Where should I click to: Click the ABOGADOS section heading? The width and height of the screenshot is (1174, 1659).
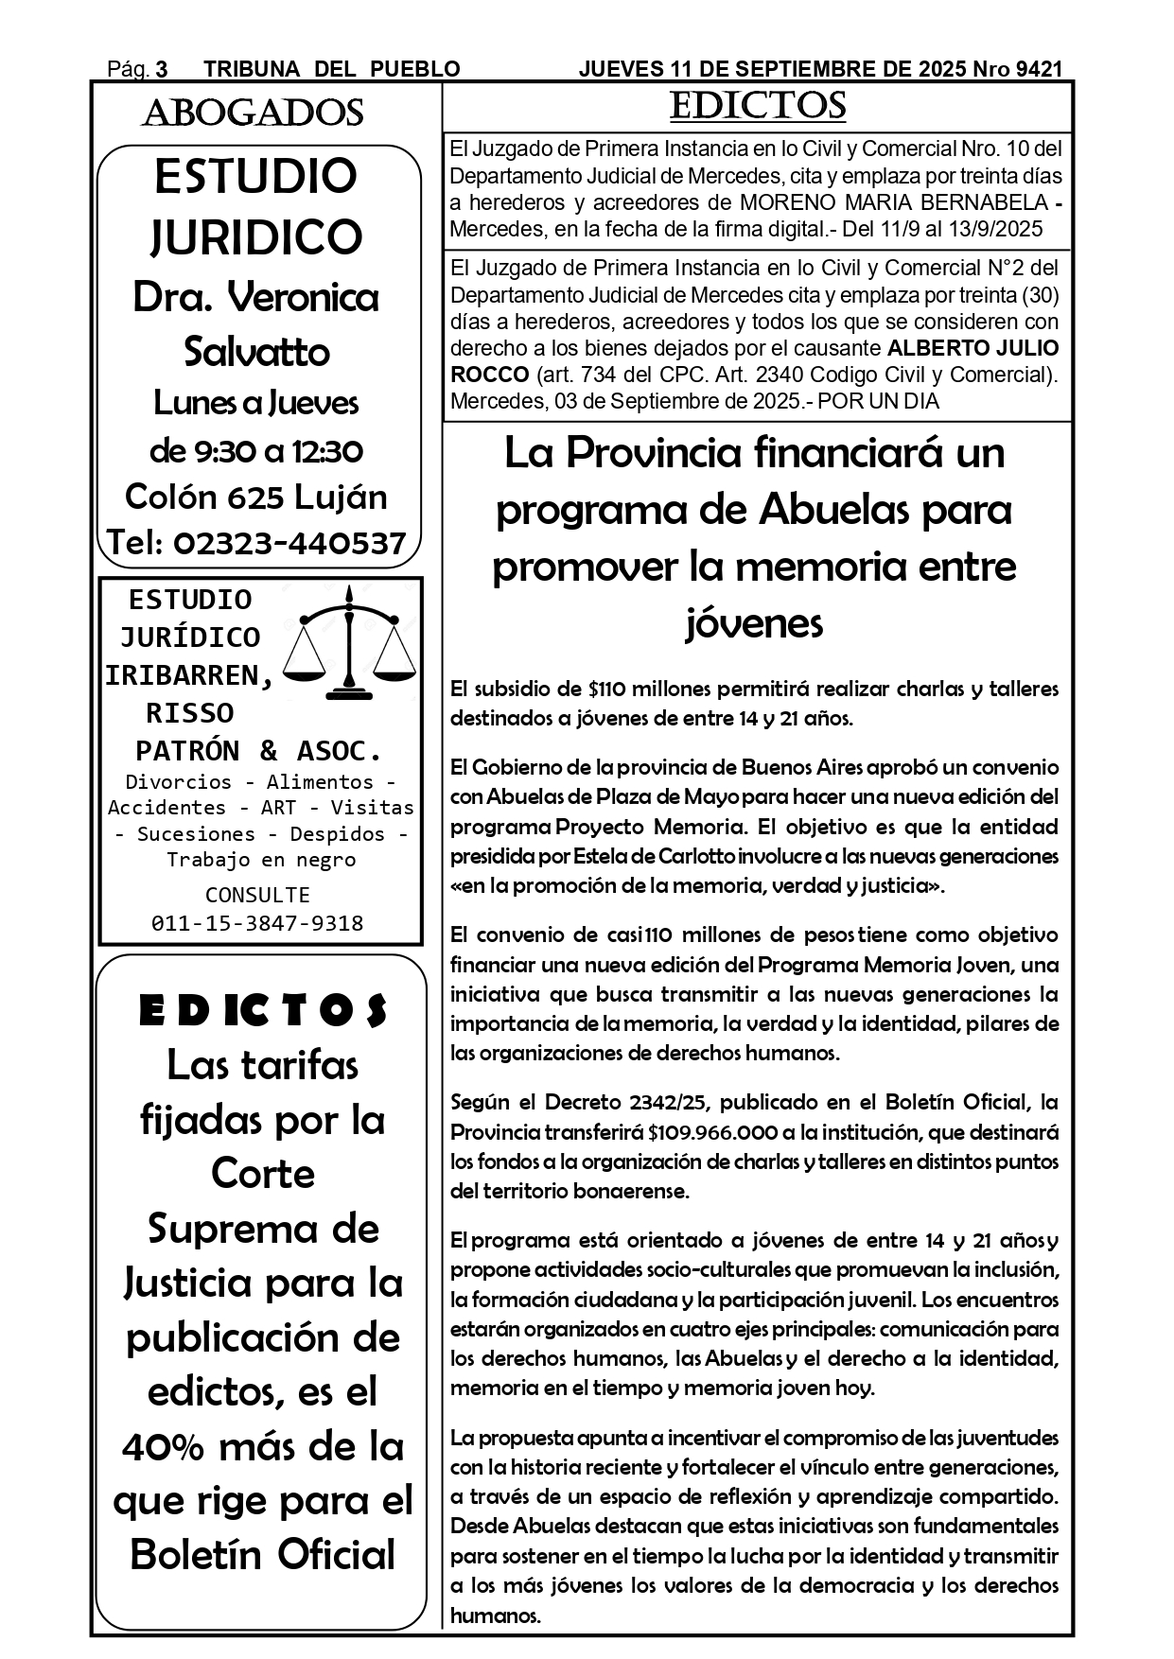(253, 114)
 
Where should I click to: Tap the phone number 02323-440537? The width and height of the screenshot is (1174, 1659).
(290, 543)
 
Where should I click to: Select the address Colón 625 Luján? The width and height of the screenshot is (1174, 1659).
(256, 497)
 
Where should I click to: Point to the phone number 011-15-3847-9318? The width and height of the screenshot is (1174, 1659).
(257, 923)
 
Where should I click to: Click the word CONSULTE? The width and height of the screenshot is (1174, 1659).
(257, 895)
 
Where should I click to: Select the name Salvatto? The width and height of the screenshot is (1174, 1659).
(256, 352)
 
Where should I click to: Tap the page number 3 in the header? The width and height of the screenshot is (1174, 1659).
(162, 69)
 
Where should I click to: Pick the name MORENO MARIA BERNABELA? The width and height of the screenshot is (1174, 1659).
(894, 202)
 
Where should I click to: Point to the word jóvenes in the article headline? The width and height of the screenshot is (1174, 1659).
(754, 623)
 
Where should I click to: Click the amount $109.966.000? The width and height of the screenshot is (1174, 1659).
(713, 1132)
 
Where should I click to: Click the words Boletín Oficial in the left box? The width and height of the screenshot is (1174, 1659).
(263, 1555)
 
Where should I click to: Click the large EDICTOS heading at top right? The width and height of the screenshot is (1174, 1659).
(757, 106)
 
